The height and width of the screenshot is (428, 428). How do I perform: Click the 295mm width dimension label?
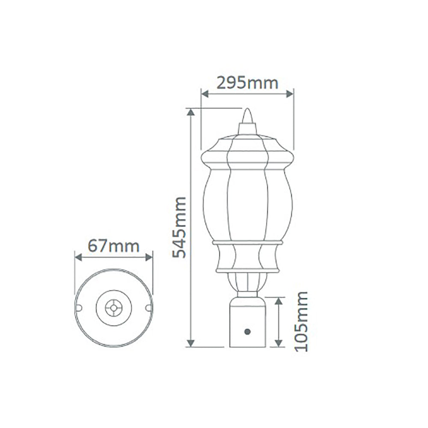coord(247,82)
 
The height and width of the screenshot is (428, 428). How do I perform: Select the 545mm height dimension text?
coord(179,227)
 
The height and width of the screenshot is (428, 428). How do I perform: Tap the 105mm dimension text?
coord(302,321)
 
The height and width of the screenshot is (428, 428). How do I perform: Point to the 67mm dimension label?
coord(113,246)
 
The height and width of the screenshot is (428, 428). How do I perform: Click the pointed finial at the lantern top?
coord(247,118)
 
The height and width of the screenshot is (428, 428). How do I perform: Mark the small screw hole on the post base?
coord(247,331)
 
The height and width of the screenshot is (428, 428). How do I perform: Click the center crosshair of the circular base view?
coord(114,307)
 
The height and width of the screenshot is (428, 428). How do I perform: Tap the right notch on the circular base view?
coord(148,307)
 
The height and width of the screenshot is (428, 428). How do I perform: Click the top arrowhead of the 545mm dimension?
coord(191,112)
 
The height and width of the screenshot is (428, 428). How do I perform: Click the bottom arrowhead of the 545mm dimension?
coord(191,343)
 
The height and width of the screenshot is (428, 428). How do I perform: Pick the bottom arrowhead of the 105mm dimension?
coord(279,343)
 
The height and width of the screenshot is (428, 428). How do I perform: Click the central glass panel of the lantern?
coord(247,205)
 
